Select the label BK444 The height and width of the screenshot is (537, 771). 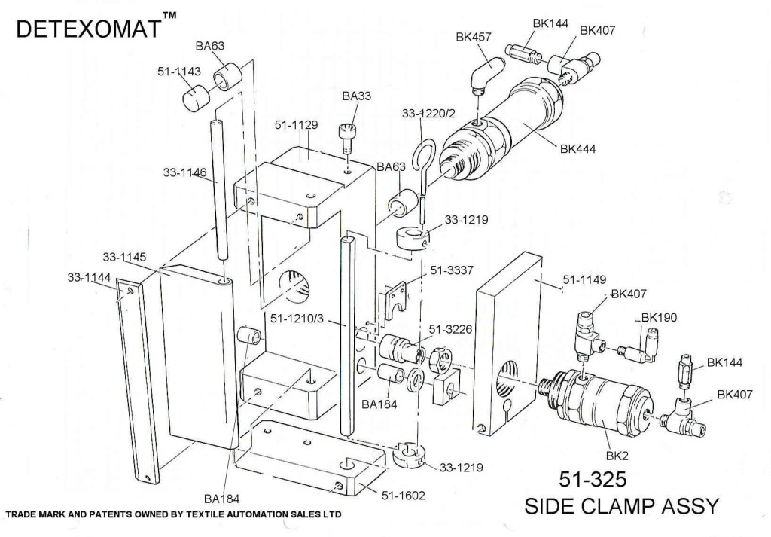[577, 149]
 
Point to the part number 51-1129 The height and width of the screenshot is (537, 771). [294, 124]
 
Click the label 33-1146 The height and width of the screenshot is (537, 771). [184, 172]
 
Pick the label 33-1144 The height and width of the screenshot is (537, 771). [89, 277]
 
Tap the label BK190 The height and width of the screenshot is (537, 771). [659, 317]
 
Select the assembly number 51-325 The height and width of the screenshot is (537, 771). [593, 480]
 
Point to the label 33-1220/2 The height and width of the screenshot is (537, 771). [430, 114]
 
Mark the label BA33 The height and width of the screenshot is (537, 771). [356, 96]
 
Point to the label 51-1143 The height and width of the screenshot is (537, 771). [178, 72]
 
